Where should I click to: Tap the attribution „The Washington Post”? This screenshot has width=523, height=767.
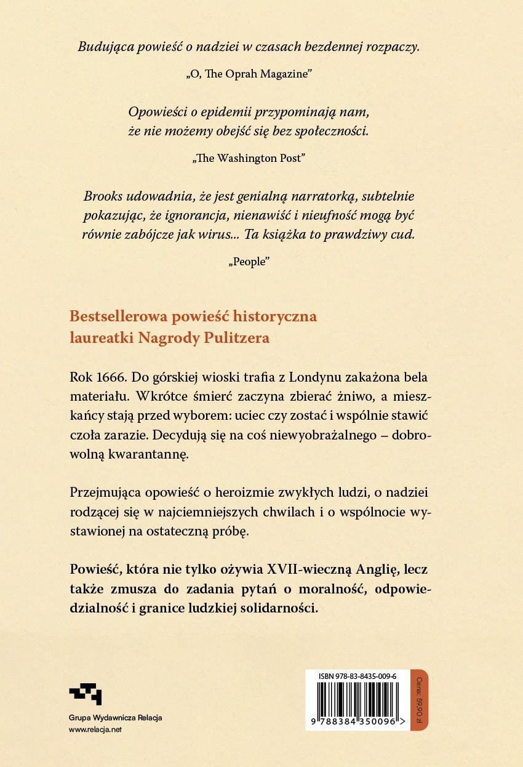249,158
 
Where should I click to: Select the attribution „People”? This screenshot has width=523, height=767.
249,261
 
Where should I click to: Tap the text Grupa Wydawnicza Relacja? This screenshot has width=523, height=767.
111,718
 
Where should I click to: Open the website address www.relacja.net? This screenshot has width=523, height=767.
95,730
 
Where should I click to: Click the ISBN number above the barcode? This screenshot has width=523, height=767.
357,676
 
